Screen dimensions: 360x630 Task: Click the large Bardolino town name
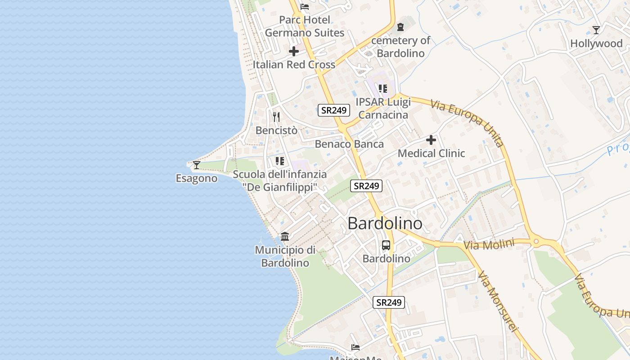pos(385,224)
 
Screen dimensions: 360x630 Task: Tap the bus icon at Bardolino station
pos(386,245)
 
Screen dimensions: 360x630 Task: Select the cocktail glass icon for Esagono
pos(196,165)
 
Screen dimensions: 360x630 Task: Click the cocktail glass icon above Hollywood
pos(596,30)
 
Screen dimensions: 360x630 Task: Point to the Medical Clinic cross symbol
pos(431,140)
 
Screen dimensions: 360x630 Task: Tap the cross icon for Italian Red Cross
pos(294,51)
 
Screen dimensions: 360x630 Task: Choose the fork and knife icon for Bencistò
pos(276,117)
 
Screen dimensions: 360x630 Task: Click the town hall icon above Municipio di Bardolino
pos(285,236)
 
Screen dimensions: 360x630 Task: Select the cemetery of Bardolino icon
pos(400,27)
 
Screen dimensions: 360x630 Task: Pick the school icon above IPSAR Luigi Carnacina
pos(382,89)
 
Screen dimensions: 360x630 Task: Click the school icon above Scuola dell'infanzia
pos(280,161)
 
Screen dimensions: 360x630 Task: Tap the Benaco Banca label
pos(349,144)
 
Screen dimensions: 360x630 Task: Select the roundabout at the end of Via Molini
pos(535,242)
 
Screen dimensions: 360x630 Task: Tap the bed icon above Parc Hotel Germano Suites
pos(305,7)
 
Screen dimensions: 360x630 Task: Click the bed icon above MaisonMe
pos(355,347)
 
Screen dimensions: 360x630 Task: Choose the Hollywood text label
pos(596,44)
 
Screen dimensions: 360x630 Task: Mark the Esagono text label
pos(196,179)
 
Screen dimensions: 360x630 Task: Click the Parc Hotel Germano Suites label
pos(305,26)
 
